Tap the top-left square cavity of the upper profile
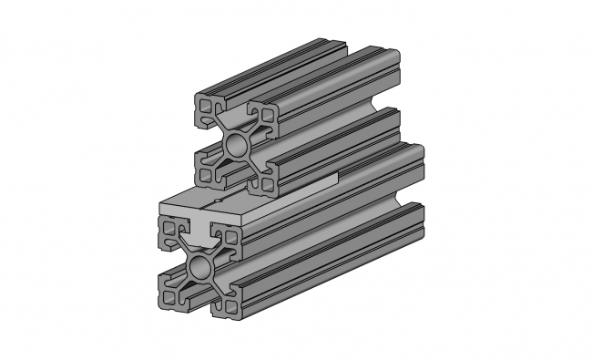point(207,108)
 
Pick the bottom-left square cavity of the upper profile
point(206,170)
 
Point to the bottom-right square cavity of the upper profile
point(267,180)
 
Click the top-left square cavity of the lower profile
point(168,235)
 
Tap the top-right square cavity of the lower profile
point(230,238)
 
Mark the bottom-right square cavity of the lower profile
point(229,304)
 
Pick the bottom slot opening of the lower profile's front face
point(198,303)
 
